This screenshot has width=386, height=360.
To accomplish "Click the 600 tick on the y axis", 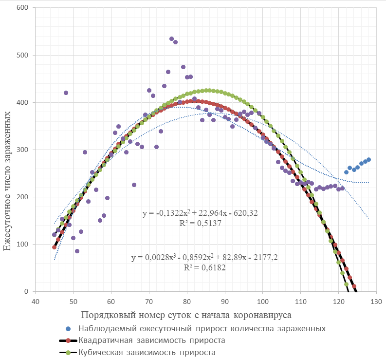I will [x=21, y=8].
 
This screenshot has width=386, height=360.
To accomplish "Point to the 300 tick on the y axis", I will [x=21, y=150].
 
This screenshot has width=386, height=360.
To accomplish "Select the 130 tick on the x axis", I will [x=375, y=302].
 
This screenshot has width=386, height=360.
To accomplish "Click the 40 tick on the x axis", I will [x=35, y=302].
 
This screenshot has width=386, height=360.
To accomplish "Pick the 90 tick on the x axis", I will [x=224, y=302].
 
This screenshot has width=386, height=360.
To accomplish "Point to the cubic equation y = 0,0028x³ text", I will [x=200, y=258].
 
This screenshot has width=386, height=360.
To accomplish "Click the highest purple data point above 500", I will [x=171, y=38].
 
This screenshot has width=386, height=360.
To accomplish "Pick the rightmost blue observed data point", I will [x=368, y=159].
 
